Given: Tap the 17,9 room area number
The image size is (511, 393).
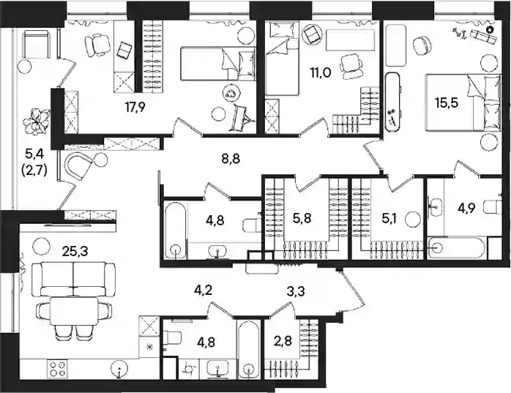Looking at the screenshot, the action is pyautogui.click(x=136, y=107).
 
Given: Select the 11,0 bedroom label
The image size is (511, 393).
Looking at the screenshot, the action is pyautogui.click(x=321, y=72).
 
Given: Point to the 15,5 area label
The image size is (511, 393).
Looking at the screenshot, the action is pyautogui.click(x=447, y=103).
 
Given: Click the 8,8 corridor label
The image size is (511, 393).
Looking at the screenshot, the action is pyautogui.click(x=231, y=160).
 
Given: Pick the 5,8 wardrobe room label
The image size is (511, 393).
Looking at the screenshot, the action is pyautogui.click(x=302, y=218).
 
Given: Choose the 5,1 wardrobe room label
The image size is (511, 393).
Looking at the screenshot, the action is pyautogui.click(x=389, y=218).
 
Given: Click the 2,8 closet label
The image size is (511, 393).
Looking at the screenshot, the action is pyautogui.click(x=283, y=342).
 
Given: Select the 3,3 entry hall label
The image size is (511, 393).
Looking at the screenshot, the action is pyautogui.click(x=296, y=292).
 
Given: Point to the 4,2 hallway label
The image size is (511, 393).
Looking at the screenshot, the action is pyautogui.click(x=204, y=290).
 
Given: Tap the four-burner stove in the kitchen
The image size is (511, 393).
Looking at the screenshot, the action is pyautogui.click(x=57, y=369).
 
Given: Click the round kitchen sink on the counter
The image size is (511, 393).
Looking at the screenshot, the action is pyautogui.click(x=119, y=369).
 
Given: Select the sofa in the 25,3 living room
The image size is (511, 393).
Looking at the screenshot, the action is pyautogui.click(x=73, y=279).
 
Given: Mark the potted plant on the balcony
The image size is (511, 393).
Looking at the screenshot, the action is pyautogui.click(x=37, y=121).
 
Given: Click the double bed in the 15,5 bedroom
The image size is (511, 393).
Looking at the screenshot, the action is pyautogui.click(x=463, y=102).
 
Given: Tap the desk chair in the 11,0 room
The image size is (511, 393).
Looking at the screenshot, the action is pyautogui.click(x=351, y=66).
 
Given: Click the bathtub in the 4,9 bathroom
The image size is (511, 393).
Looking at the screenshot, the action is pyautogui.click(x=455, y=248).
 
